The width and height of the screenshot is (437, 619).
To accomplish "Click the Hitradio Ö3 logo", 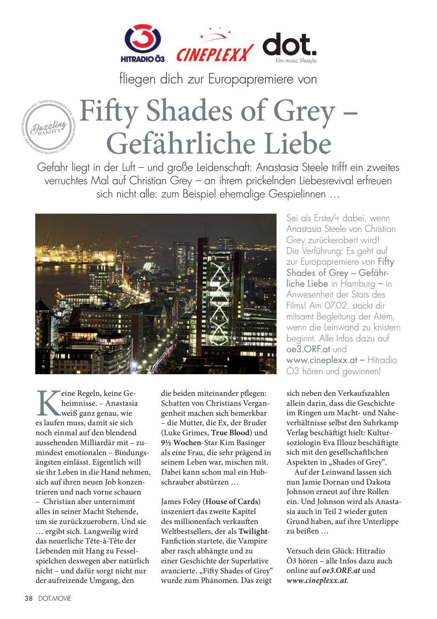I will (143, 43).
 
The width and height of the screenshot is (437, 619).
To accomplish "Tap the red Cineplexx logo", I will (214, 49).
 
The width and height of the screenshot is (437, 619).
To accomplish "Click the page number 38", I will (28, 598).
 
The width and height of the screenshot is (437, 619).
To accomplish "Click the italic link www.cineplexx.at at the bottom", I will (317, 580).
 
